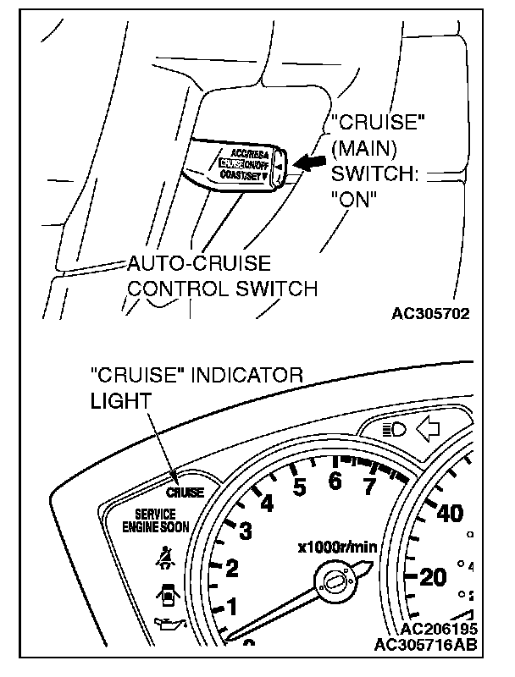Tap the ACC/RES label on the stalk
tap(249, 151)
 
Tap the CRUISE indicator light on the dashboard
tap(185, 493)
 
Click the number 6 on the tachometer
tap(335, 482)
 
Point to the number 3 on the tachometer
tap(246, 531)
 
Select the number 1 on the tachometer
tap(229, 607)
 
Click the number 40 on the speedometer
tap(449, 513)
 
